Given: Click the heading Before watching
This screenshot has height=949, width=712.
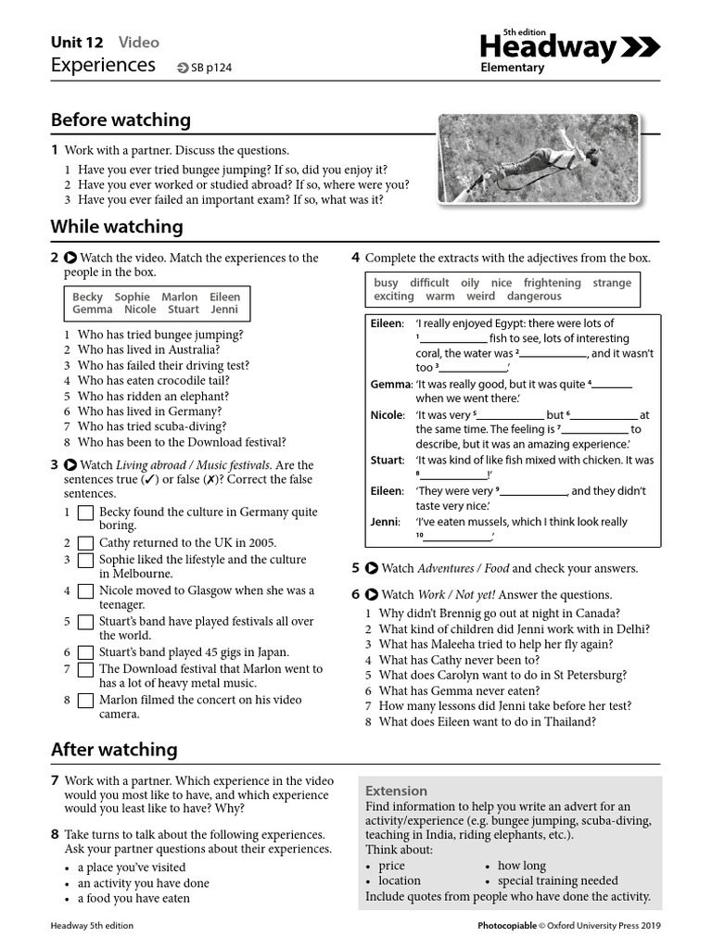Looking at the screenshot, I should [x=121, y=120].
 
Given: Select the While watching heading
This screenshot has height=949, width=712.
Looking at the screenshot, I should [x=117, y=226].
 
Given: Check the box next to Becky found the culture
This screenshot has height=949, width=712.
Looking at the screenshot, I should [x=85, y=512].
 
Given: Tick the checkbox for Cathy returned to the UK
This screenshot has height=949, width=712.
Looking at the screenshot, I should [x=85, y=543].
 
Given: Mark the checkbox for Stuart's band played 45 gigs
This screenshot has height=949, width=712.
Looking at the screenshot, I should [x=85, y=652].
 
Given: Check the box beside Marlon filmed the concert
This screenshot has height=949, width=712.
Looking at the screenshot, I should [x=85, y=701].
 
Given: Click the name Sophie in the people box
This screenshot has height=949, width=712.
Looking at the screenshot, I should [x=132, y=297].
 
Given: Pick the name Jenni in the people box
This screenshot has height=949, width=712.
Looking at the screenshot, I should [x=224, y=310].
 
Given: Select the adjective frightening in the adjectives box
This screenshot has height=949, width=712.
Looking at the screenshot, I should [x=552, y=283].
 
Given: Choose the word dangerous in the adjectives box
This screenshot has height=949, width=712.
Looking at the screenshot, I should [x=534, y=297].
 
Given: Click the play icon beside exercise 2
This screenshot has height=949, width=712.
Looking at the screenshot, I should [x=70, y=258].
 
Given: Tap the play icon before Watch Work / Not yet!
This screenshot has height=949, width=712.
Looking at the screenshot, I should [x=372, y=594].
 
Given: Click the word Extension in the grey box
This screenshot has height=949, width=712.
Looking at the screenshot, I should [x=396, y=791].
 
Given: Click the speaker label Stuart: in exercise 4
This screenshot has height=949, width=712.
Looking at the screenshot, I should [x=387, y=460].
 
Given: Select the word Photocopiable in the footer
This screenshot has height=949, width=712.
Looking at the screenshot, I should [x=506, y=925].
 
